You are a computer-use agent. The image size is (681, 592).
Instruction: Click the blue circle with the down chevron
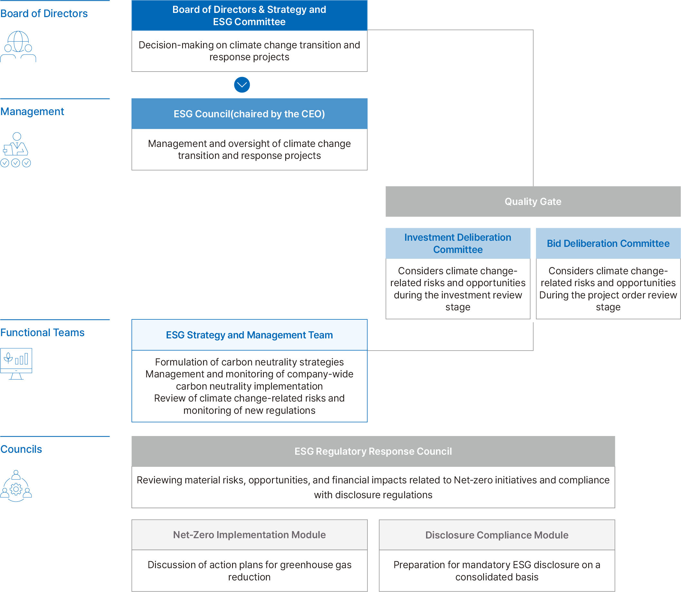click(x=242, y=85)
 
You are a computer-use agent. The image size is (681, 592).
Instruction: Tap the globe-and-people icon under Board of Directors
click(x=18, y=46)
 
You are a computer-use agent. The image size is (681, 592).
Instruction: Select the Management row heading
click(x=32, y=112)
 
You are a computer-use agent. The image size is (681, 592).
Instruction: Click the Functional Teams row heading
click(x=42, y=332)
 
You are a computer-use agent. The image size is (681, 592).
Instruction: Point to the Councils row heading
click(x=21, y=449)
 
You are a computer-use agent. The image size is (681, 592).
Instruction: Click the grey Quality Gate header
click(x=533, y=201)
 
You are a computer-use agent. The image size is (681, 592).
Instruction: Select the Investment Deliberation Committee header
click(x=458, y=244)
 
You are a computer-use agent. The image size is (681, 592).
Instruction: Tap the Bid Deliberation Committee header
click(x=608, y=244)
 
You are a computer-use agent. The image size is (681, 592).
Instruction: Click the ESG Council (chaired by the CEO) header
click(x=249, y=114)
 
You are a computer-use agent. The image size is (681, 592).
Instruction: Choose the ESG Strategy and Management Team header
click(x=249, y=335)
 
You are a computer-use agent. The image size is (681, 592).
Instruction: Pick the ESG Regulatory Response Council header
click(x=373, y=451)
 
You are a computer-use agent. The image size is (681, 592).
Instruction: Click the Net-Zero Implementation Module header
click(x=249, y=535)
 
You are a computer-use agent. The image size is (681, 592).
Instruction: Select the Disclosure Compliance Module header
click(x=497, y=535)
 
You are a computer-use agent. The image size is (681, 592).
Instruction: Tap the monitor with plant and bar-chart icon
click(x=16, y=364)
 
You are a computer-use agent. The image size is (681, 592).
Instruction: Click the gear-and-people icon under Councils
click(x=16, y=486)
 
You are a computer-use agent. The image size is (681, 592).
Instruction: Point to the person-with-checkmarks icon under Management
click(x=15, y=150)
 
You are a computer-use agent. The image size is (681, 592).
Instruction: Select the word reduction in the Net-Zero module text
click(x=249, y=577)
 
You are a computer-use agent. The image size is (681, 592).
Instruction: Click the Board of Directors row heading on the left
click(x=44, y=14)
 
